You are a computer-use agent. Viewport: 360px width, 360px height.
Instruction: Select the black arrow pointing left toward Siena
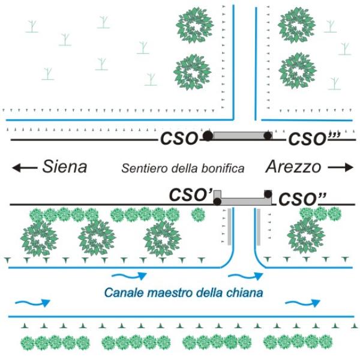(25, 168)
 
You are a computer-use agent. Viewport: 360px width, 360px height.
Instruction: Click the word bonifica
(223, 169)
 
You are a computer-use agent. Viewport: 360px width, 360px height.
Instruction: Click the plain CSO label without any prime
(178, 139)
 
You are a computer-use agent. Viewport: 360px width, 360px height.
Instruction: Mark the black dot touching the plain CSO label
(208, 136)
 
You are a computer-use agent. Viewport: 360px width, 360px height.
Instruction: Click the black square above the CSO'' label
(268, 193)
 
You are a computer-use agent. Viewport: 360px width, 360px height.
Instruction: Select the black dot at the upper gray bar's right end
(268, 136)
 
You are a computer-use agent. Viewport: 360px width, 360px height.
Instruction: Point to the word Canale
(121, 293)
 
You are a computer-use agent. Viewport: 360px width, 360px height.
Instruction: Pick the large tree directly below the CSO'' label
(307, 235)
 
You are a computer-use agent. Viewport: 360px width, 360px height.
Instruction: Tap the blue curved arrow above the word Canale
(130, 276)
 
